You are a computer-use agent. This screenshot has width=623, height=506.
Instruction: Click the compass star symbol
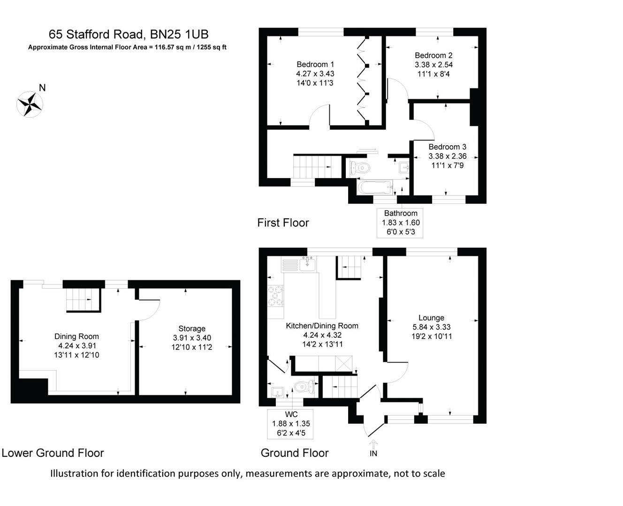(30, 104)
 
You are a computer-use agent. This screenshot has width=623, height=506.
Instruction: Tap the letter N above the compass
(42, 88)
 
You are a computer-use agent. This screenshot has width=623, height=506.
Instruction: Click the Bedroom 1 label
(315, 64)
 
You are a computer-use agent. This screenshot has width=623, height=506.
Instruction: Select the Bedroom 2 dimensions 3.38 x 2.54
(433, 65)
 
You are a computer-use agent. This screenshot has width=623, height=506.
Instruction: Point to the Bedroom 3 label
(447, 147)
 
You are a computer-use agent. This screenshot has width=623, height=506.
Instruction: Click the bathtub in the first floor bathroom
(375, 187)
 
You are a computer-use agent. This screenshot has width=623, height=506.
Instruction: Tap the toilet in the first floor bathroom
(360, 168)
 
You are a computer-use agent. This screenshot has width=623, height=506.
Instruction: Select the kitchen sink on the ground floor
(307, 264)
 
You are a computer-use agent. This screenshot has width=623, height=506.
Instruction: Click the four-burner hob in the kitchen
(275, 296)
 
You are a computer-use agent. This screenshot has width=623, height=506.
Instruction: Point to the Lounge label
(431, 318)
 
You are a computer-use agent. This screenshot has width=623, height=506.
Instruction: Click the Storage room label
(192, 329)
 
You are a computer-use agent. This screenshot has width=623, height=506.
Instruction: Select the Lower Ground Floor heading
(53, 453)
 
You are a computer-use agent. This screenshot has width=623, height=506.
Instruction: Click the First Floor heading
(283, 223)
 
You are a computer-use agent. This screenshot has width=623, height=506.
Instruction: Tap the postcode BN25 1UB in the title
(179, 34)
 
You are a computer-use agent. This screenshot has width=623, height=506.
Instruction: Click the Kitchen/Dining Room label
(322, 326)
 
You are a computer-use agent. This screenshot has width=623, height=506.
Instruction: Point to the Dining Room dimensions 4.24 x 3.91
(77, 346)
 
